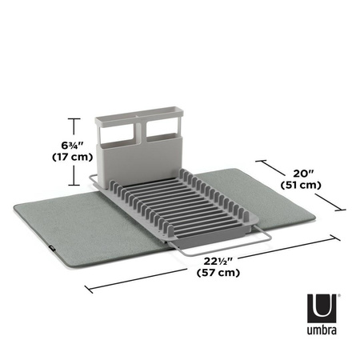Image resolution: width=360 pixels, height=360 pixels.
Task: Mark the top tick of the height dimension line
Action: click(74, 118)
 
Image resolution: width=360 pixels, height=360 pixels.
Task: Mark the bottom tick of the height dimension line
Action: click(74, 182)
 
